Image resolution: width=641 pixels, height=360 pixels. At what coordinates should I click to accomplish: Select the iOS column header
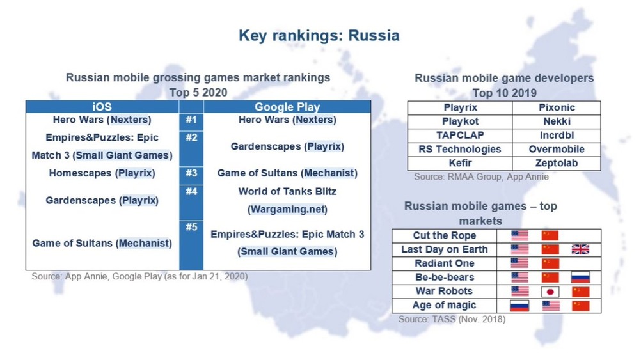click(102, 107)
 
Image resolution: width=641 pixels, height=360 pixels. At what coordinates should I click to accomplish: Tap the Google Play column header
click(287, 107)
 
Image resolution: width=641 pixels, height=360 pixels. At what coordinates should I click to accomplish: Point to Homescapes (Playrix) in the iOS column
click(102, 173)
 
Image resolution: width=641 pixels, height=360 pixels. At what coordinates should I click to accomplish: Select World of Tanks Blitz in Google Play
click(287, 191)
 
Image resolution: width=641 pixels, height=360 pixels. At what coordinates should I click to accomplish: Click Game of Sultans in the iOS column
click(102, 243)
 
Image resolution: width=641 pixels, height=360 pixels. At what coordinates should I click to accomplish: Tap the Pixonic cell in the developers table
click(557, 107)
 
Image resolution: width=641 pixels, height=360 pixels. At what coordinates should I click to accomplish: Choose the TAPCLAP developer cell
click(460, 135)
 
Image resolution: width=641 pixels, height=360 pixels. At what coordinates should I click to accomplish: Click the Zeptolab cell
click(557, 163)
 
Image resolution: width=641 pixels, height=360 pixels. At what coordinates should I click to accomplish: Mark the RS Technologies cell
click(460, 149)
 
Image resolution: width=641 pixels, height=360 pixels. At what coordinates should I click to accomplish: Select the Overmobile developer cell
click(557, 149)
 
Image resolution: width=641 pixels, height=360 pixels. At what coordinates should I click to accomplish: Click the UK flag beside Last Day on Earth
click(580, 249)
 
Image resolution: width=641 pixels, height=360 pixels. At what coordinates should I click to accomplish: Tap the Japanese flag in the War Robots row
click(550, 292)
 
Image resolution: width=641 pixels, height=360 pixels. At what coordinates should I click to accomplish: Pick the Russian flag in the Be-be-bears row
click(580, 278)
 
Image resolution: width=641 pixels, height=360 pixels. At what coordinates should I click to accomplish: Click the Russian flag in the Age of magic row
click(519, 306)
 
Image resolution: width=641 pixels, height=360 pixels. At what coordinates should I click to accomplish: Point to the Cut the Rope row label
click(445, 235)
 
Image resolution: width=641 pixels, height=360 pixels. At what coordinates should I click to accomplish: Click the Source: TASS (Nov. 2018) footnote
click(452, 318)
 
